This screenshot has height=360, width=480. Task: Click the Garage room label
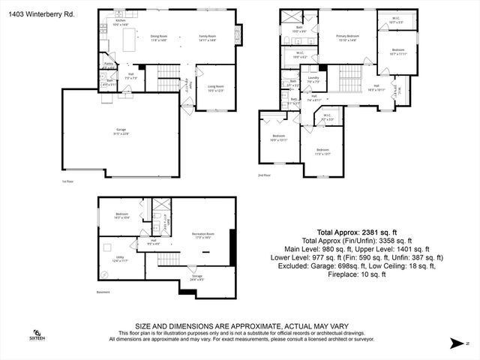pyautogui.click(x=121, y=134)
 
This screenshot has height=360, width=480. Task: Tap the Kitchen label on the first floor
pyautogui.click(x=119, y=23)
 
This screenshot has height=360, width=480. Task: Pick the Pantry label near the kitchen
pyautogui.click(x=108, y=65)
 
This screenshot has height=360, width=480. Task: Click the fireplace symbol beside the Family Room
pyautogui.click(x=239, y=34)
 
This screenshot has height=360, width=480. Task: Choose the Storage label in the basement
pyautogui.click(x=196, y=277)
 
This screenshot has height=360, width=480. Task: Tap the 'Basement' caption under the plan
pyautogui.click(x=103, y=292)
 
